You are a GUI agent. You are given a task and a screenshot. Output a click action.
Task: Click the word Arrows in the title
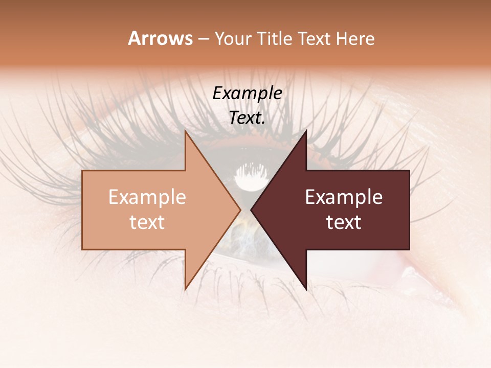click(161, 38)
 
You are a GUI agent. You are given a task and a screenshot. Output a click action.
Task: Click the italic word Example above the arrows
click(247, 93)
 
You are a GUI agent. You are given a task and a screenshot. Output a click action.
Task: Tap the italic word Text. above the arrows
click(247, 118)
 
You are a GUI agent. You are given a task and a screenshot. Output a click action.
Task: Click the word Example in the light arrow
click(147, 197)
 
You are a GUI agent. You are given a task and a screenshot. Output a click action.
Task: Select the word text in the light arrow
click(147, 222)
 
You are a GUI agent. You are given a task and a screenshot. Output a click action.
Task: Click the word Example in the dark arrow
click(344, 197)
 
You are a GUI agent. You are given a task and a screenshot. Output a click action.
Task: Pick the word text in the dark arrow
click(344, 222)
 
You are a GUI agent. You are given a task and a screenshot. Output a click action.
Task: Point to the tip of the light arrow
click(240, 210)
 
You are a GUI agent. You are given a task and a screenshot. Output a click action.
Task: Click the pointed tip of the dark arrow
click(251, 210)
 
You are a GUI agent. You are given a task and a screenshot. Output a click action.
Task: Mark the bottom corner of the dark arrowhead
click(306, 289)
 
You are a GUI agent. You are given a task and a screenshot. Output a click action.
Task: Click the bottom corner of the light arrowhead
click(185, 289)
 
